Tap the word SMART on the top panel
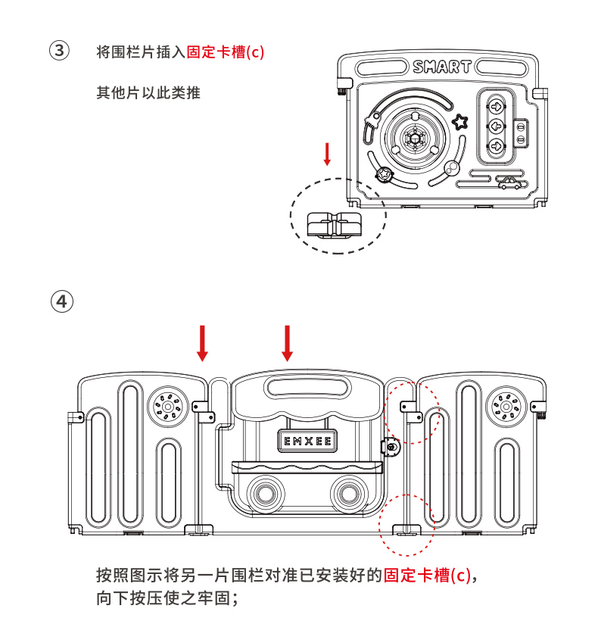(442, 67)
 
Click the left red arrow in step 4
(202, 343)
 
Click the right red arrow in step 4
(287, 343)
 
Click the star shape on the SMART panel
(460, 121)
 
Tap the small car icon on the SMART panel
(509, 182)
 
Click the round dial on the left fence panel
(164, 407)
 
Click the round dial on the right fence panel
(502, 407)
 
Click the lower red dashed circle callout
(406, 526)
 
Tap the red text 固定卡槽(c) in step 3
(225, 52)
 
